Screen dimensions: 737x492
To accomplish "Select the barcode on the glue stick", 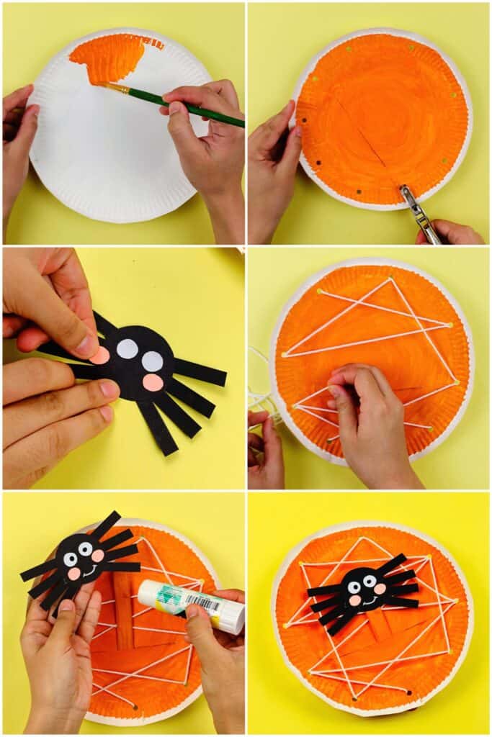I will coord(204,603).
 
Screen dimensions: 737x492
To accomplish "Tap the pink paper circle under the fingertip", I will coord(99,354).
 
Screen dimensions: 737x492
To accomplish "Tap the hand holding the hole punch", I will coord(450,232).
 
